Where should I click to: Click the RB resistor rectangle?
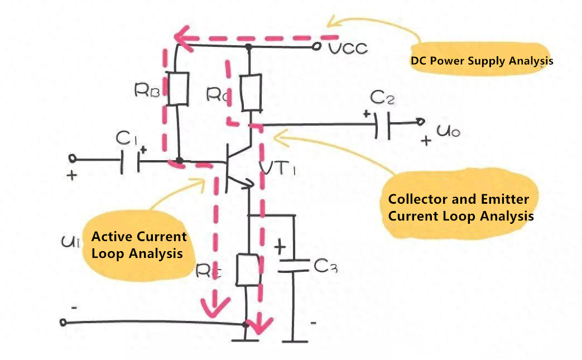(179, 89)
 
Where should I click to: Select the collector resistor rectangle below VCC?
(251, 93)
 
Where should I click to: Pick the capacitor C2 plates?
(382, 124)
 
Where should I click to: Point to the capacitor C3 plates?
(292, 266)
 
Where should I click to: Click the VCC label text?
(348, 49)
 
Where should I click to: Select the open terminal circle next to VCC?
(317, 47)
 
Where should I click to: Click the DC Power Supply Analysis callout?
(481, 60)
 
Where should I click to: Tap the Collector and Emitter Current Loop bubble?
(460, 207)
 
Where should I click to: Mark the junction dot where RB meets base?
(179, 161)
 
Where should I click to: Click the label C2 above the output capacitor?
(383, 99)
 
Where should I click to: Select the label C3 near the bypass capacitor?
(325, 267)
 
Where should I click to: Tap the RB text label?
(148, 91)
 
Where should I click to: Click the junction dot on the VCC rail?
(249, 47)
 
